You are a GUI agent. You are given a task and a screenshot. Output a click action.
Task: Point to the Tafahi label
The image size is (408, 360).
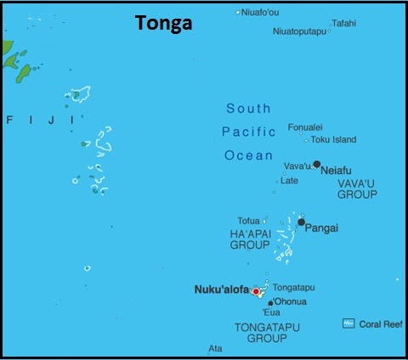(x=343, y=23)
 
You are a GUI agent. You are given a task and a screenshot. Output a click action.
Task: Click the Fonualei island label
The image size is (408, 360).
(x=305, y=127)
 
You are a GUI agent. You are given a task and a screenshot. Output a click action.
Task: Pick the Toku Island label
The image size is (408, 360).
(x=334, y=139)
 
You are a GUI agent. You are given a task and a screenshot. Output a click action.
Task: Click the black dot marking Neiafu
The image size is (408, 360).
(x=317, y=164)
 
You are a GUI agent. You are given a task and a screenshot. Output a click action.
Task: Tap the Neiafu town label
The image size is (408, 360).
(x=337, y=171)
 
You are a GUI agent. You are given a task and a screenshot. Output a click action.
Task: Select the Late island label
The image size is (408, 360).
(x=290, y=180)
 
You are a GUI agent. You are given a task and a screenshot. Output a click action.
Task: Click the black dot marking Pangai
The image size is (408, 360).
(x=301, y=222)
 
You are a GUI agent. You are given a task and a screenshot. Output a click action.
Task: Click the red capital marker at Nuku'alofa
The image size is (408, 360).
(x=256, y=291)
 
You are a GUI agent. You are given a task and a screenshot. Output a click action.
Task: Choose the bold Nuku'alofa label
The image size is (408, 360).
(x=223, y=290)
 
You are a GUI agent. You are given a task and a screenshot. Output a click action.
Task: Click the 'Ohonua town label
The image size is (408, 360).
(x=292, y=302)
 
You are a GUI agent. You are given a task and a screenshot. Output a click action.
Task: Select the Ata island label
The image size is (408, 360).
(x=216, y=348)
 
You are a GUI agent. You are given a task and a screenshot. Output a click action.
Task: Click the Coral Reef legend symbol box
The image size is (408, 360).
(x=348, y=323)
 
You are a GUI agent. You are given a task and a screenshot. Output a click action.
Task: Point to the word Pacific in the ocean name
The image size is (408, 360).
(x=248, y=132)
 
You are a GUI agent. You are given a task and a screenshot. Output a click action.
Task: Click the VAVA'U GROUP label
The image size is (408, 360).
(x=357, y=188)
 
